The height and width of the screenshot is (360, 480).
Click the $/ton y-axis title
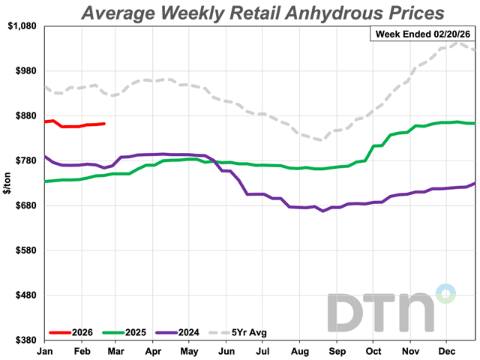[x=7, y=183]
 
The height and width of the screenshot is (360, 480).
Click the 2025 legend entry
[x=132, y=331]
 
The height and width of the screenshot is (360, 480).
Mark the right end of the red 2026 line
[x=104, y=124]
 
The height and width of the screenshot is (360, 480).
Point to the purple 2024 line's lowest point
[x=323, y=211]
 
